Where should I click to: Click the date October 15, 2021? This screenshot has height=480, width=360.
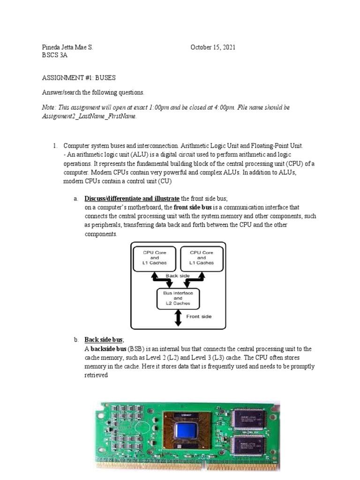pos(213,47)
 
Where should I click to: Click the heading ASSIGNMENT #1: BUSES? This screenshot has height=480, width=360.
pos(79,78)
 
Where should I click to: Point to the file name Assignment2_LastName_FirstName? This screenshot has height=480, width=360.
pos(89,116)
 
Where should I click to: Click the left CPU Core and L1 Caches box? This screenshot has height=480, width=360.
pos(155,258)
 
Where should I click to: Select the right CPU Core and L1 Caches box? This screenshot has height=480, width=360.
pos(202,258)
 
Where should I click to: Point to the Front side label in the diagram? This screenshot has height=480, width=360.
pos(199,316)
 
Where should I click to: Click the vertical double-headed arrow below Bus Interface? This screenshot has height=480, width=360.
pos(178,318)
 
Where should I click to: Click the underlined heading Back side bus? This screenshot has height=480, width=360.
pos(104,339)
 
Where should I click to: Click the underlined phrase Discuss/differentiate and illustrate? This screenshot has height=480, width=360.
pos(132,198)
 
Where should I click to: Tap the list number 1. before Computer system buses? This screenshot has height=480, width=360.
pos(55,146)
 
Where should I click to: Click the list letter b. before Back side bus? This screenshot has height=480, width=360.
pos(75,339)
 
